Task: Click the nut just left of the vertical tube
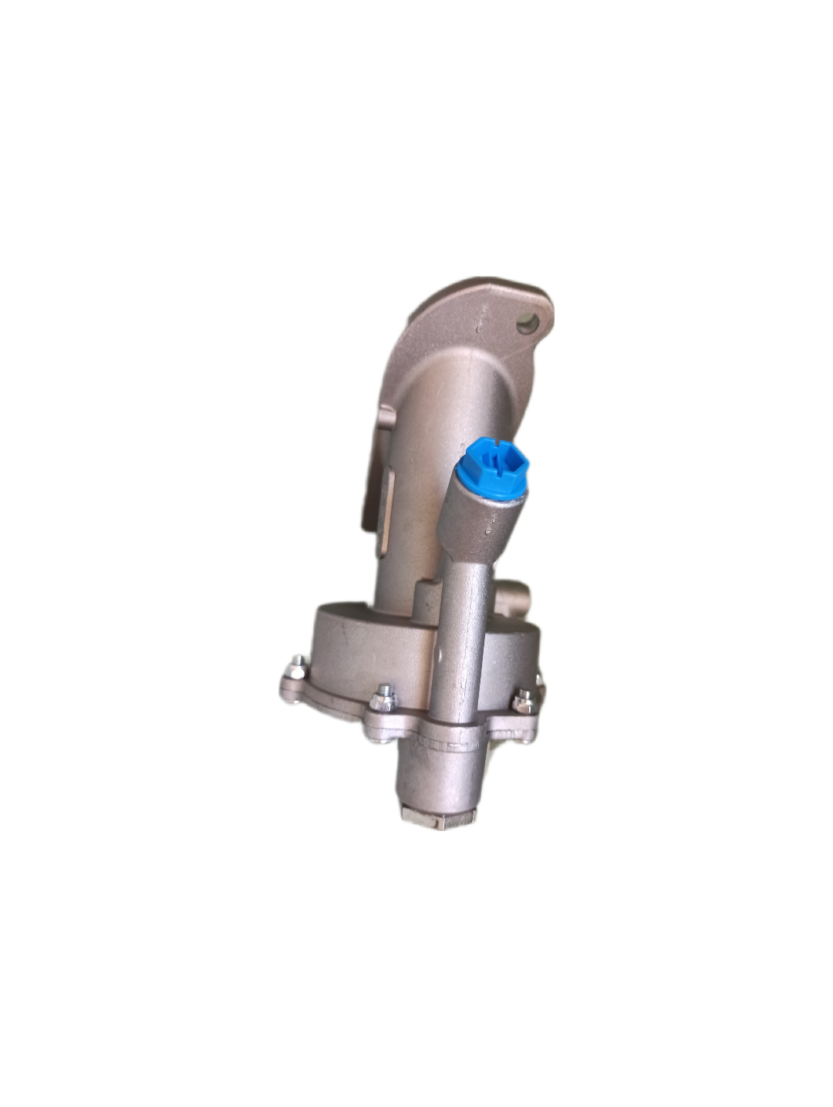click(383, 698)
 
